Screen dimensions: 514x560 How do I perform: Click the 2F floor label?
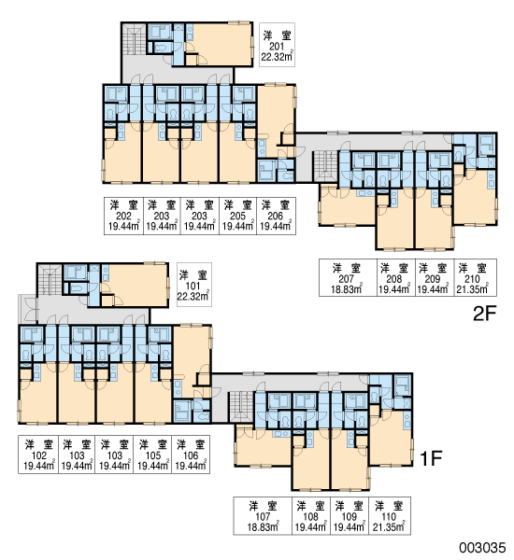(485, 314)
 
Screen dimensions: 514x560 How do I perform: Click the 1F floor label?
(431, 458)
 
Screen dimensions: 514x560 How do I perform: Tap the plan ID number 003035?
(482, 548)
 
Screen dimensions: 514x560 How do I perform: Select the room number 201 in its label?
(277, 47)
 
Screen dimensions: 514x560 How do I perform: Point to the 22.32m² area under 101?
(193, 297)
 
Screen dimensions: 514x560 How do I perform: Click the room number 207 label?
(346, 279)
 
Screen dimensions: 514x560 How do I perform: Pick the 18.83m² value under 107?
(263, 527)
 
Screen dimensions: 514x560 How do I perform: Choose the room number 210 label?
(472, 279)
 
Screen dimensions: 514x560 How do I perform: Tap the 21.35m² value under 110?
(389, 527)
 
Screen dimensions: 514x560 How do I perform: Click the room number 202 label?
(123, 217)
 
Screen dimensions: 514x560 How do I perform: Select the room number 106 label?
(191, 455)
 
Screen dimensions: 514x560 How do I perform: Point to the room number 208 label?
(393, 279)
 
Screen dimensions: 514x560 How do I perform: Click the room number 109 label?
(350, 517)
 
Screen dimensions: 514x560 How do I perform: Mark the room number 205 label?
(237, 217)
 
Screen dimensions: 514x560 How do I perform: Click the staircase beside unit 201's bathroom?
(134, 39)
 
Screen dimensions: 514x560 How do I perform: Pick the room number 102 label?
(39, 455)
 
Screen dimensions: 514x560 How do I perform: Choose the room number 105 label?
(153, 455)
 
